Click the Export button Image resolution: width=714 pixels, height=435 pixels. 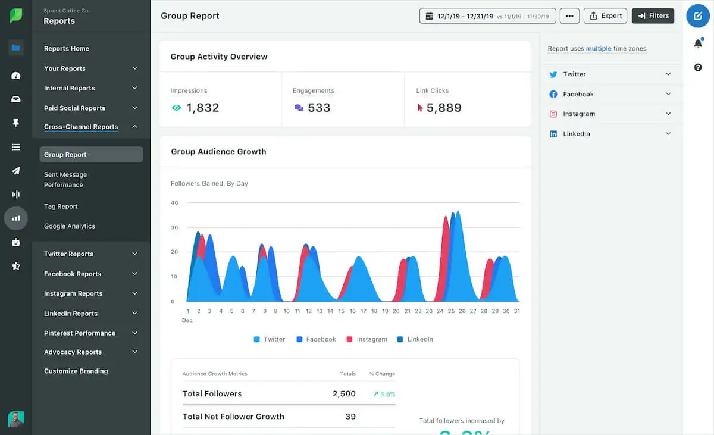coord(606,16)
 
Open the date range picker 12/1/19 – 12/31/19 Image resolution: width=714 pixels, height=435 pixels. coord(487,16)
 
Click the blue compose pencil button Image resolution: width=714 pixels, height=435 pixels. coord(698,16)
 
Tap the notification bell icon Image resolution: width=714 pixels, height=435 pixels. coord(698,44)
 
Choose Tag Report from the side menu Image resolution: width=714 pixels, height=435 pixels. coord(61,206)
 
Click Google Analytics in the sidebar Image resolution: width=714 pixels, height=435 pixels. coord(70,226)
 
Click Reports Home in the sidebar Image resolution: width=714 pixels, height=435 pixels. coord(67,49)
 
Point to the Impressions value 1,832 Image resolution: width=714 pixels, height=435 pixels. coord(202,108)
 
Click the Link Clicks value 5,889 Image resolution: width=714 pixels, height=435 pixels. coord(444,108)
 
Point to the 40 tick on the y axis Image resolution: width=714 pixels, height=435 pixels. coord(174,203)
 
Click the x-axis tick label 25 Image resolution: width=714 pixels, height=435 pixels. coord(451,311)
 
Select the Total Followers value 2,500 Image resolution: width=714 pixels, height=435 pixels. coord(344,394)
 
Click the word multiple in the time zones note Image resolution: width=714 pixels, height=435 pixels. coord(599,49)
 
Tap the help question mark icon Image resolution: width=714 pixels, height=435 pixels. coord(698,68)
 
